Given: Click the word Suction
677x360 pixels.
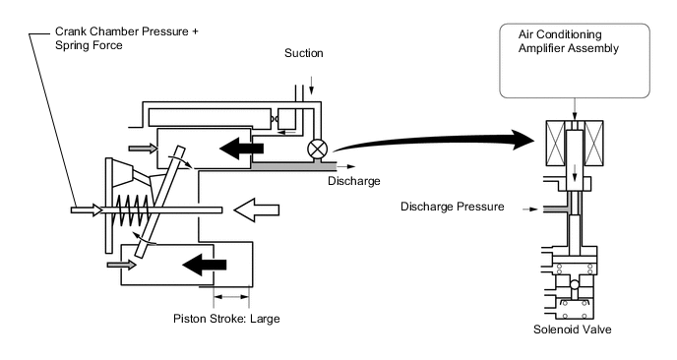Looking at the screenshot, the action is click(x=303, y=53).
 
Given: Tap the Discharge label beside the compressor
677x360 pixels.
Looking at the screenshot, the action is click(x=353, y=180).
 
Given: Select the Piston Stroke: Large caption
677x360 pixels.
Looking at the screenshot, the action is click(x=226, y=319).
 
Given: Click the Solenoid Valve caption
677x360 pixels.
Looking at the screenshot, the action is click(x=572, y=330).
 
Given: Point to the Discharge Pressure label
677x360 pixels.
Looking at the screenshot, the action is click(x=452, y=207).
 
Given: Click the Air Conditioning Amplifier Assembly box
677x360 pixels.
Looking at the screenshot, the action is click(x=575, y=61).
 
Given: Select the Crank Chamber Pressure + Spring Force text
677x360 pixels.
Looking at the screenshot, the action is click(x=127, y=38).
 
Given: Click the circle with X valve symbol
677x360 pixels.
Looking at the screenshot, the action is click(x=317, y=150).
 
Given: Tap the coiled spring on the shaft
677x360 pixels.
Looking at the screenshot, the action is click(x=133, y=210).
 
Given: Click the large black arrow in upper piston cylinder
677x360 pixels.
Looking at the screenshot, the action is click(x=241, y=149).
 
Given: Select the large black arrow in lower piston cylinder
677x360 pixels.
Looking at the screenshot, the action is click(x=205, y=265).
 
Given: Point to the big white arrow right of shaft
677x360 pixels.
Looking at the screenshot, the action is click(x=257, y=210).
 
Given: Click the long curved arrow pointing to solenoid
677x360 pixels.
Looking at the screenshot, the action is click(x=434, y=142).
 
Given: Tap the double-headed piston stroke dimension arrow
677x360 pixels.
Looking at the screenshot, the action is click(x=231, y=296).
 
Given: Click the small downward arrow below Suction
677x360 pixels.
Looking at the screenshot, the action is click(x=311, y=89).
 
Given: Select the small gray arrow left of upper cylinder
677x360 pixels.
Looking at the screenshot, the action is click(x=143, y=149).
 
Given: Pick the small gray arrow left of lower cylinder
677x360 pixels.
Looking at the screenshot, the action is click(x=121, y=265).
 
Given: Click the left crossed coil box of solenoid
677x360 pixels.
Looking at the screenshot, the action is click(x=555, y=144).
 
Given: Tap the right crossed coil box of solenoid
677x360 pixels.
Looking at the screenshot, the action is click(x=593, y=144).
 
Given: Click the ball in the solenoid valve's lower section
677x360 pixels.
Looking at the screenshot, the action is click(x=575, y=285).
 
